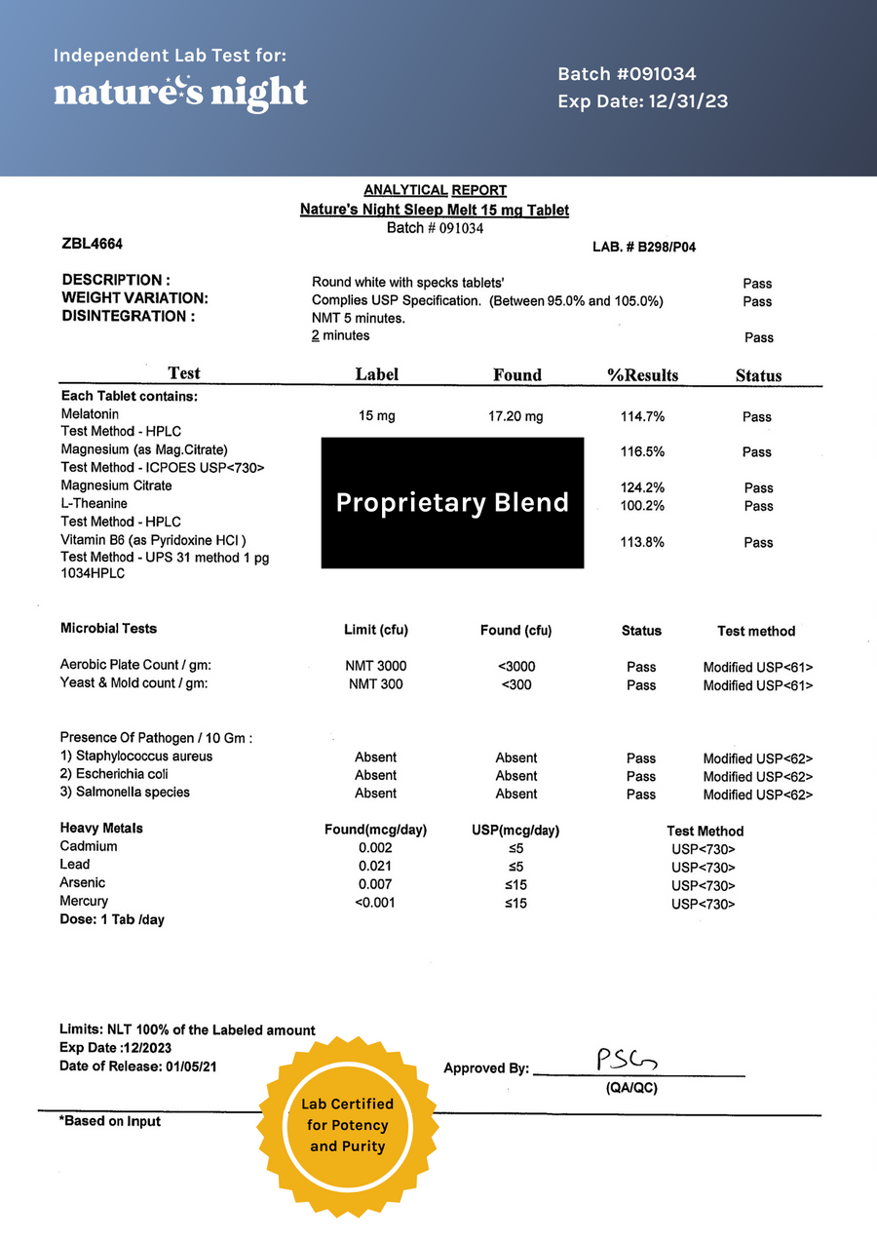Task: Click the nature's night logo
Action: pyautogui.click(x=180, y=93)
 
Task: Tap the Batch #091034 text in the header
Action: pyautogui.click(x=627, y=74)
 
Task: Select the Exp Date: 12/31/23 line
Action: pyautogui.click(x=642, y=101)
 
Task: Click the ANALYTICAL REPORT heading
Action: pyautogui.click(x=435, y=190)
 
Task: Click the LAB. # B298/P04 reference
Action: pyautogui.click(x=644, y=248)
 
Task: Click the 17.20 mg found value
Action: pyautogui.click(x=515, y=416)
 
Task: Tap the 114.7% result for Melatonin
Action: pyautogui.click(x=642, y=416)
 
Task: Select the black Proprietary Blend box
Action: pyautogui.click(x=452, y=502)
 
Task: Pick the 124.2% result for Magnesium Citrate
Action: pyautogui.click(x=642, y=487)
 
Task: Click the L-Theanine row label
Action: pyautogui.click(x=94, y=504)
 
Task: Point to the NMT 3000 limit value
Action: pyautogui.click(x=377, y=666)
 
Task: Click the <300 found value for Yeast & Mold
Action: pyautogui.click(x=515, y=684)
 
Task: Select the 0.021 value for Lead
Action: pyautogui.click(x=375, y=866)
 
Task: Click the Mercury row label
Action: pyautogui.click(x=84, y=901)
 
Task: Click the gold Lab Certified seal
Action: pyautogui.click(x=348, y=1126)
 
